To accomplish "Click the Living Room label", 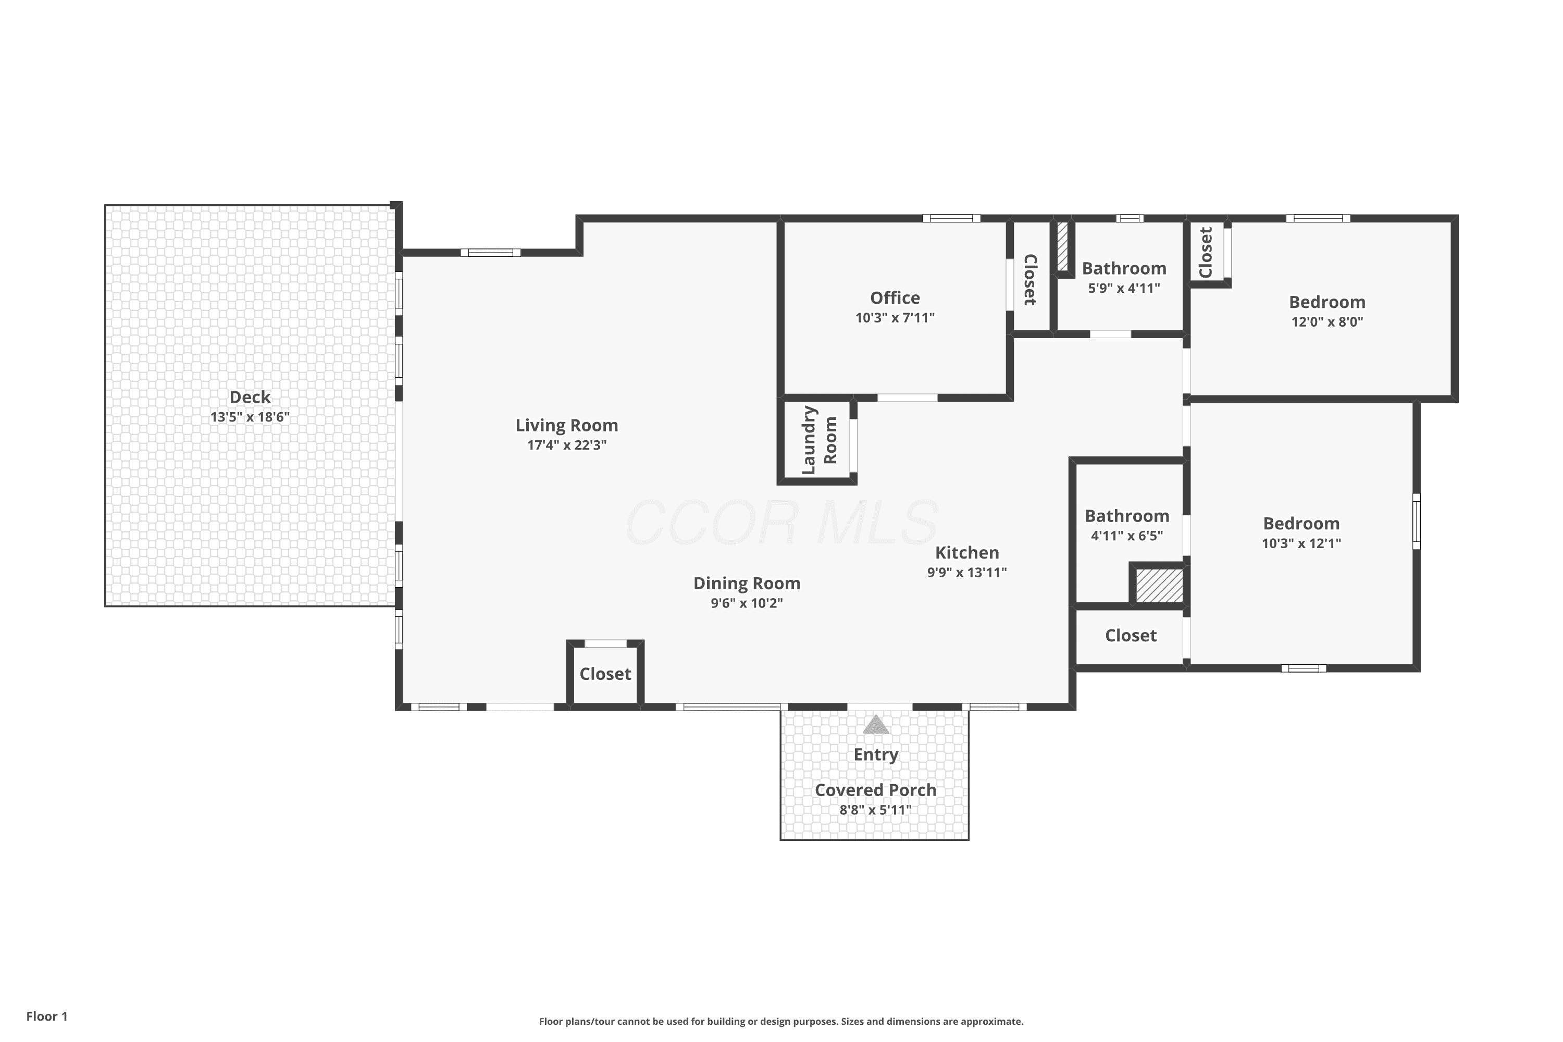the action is click(x=566, y=425).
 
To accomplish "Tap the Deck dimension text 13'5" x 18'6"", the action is click(x=250, y=417).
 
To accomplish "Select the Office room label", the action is click(x=895, y=297).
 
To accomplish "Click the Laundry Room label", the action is click(x=818, y=440).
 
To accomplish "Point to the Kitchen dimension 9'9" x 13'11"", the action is click(x=967, y=573).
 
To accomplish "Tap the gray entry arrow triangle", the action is click(x=875, y=724).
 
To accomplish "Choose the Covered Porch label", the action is click(x=875, y=790).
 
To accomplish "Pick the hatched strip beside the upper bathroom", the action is click(x=1062, y=246).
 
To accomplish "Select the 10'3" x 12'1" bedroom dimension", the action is click(x=1301, y=543).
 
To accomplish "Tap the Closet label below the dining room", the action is click(x=605, y=674).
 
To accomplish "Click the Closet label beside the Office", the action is click(x=1030, y=280).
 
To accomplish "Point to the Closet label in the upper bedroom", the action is click(x=1206, y=253).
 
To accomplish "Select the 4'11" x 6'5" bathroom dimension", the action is click(x=1126, y=536).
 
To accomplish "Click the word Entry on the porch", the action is click(x=875, y=755).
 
